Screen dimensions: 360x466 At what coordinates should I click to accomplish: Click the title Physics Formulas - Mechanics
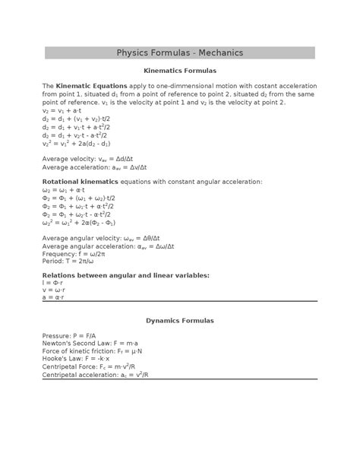(180, 52)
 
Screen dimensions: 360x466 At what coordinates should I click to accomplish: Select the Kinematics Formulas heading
(180, 70)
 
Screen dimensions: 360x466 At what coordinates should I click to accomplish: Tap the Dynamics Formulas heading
(180, 321)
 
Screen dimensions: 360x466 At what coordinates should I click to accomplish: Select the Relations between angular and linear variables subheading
(126, 274)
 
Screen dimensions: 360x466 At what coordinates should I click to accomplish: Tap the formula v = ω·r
(54, 290)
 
